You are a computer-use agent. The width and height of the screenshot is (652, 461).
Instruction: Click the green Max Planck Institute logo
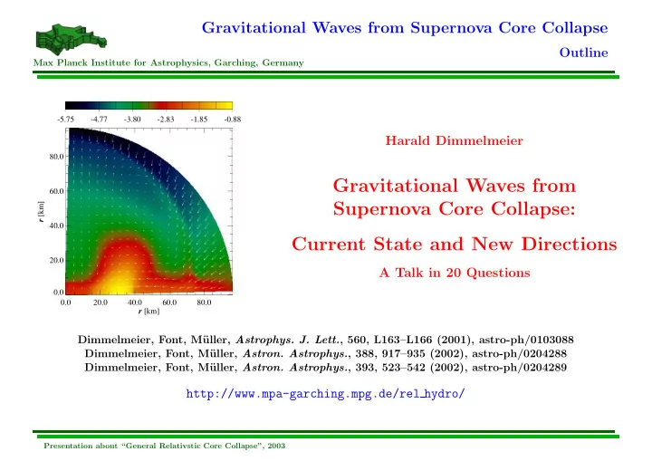coord(72,40)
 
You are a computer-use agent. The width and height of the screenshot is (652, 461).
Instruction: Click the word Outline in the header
coord(583,53)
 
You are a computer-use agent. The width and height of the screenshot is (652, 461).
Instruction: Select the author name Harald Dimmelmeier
coord(454,140)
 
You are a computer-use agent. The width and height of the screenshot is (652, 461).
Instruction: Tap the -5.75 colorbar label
coord(66,120)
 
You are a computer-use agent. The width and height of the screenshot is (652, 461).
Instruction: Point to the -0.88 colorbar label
coord(233,120)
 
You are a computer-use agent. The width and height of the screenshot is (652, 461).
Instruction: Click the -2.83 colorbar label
coord(166,120)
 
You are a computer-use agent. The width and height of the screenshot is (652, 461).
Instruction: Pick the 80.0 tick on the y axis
coord(56,157)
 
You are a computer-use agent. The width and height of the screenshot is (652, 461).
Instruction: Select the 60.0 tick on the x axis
coord(169,303)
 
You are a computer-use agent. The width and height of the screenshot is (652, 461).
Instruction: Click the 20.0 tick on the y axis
coord(56,261)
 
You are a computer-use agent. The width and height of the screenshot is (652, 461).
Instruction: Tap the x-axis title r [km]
coord(149,312)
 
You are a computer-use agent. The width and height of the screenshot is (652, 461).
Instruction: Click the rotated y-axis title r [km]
coord(41,212)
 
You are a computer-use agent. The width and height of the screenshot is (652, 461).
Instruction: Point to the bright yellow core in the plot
coord(118,284)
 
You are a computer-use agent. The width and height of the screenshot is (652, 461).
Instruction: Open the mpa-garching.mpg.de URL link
coord(325,394)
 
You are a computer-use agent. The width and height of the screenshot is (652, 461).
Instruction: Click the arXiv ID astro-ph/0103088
coord(526,340)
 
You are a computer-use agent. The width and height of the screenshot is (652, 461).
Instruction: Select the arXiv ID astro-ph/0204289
coord(520,368)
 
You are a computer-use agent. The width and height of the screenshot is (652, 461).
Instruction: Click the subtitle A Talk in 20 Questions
coord(455,273)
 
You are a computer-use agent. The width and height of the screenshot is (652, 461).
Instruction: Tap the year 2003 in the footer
coord(276,446)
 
